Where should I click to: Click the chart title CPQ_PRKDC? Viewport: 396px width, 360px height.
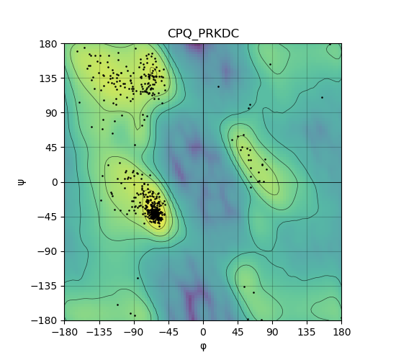pos(203,34)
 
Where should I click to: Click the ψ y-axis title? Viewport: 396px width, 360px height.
pos(21,182)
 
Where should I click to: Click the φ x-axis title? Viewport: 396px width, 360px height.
pos(203,346)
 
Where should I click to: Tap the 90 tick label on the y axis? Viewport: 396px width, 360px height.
pos(51,113)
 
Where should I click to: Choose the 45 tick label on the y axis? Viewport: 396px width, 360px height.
pos(51,148)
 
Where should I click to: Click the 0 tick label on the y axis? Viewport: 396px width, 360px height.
pos(55,182)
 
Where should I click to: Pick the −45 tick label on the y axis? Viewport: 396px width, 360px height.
pos(48,217)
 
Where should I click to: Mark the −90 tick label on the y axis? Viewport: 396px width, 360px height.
pos(48,251)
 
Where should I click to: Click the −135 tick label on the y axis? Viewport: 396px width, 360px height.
pos(44,286)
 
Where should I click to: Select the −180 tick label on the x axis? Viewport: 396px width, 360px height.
pos(65,332)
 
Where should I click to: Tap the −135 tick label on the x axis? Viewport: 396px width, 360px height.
pos(99,332)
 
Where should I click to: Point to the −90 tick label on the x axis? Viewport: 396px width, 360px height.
pos(134,332)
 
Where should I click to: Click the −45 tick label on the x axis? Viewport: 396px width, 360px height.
pos(168,332)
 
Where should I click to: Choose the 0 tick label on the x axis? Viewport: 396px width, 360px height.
pos(203,332)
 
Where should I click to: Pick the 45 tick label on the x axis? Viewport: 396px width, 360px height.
pos(238,332)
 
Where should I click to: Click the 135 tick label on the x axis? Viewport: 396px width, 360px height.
pos(307,332)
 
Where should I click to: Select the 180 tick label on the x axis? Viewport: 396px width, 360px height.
pos(341,332)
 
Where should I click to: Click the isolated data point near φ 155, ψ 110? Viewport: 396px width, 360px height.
pos(322,97)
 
